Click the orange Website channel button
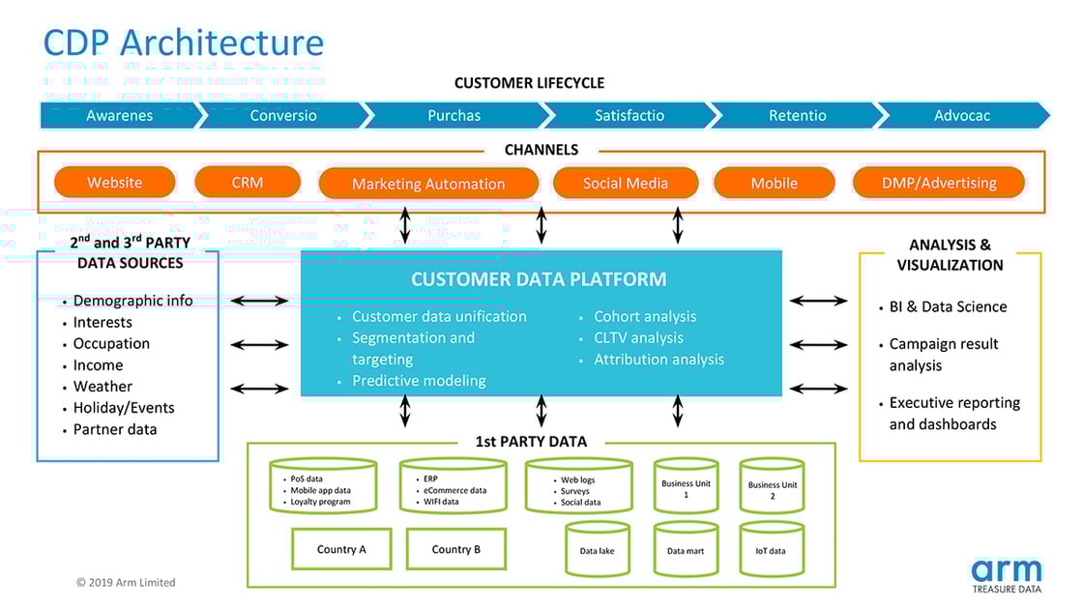point(114,182)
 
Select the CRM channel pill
point(247,182)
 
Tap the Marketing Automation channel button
point(427,184)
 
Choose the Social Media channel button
point(625,183)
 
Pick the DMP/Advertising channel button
point(938,183)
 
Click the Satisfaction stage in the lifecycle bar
point(629,115)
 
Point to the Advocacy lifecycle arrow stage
point(962,115)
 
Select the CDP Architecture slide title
point(184,43)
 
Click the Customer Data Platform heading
point(539,279)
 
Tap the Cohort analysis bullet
point(644,316)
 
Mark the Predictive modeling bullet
point(418,380)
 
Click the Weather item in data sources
point(102,387)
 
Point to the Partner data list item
point(114,429)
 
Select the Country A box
point(341,549)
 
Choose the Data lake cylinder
point(597,550)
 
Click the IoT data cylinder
point(771,550)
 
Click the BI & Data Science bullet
point(948,306)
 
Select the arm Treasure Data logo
point(1007,575)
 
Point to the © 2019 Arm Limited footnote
point(126,582)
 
